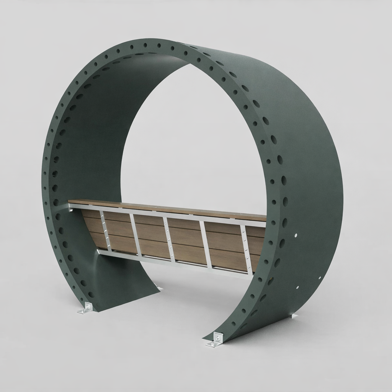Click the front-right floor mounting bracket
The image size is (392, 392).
[214, 341]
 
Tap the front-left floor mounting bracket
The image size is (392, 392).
[86, 309]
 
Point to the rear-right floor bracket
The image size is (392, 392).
[294, 316]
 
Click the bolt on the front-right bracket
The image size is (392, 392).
[217, 338]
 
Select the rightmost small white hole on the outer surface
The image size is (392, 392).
[320, 278]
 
